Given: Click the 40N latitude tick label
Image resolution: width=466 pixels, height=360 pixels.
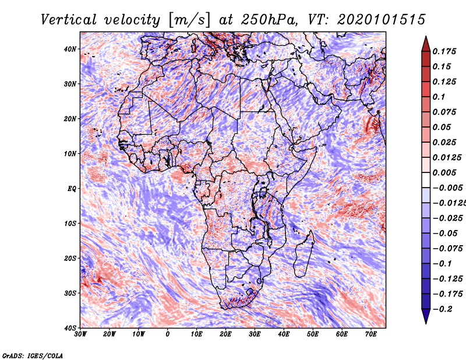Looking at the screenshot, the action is click(x=70, y=49).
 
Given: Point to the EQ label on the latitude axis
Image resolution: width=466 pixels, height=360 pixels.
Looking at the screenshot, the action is click(x=72, y=189).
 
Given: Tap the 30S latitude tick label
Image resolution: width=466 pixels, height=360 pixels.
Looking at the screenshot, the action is click(x=70, y=293).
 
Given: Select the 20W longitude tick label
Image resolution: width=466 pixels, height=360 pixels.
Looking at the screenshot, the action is click(x=109, y=334).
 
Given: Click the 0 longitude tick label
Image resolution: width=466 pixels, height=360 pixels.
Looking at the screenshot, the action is click(x=168, y=334).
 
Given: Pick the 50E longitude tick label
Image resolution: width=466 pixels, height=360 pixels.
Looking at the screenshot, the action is click(x=313, y=334).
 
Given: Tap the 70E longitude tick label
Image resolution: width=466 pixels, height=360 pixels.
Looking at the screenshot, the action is click(x=370, y=334).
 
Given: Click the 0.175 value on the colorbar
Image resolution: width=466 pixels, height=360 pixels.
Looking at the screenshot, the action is click(x=444, y=51).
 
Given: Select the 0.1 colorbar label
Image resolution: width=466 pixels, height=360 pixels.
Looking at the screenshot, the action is click(x=439, y=97).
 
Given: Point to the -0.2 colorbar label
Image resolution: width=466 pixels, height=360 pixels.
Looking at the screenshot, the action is click(x=443, y=309).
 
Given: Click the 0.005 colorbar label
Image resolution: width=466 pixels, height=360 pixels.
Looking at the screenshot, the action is click(x=444, y=172).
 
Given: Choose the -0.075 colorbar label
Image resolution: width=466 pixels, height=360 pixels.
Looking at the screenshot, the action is click(x=448, y=249).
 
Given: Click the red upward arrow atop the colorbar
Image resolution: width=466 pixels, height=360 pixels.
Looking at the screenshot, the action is click(x=426, y=44).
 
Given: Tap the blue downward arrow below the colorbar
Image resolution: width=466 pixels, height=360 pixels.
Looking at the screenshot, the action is click(x=426, y=316).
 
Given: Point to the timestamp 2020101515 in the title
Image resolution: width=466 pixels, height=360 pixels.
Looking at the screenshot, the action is click(x=382, y=20).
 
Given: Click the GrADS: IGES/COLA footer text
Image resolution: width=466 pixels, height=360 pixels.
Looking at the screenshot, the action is click(x=33, y=355).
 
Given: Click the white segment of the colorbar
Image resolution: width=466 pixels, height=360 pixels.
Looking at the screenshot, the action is click(x=426, y=180).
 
